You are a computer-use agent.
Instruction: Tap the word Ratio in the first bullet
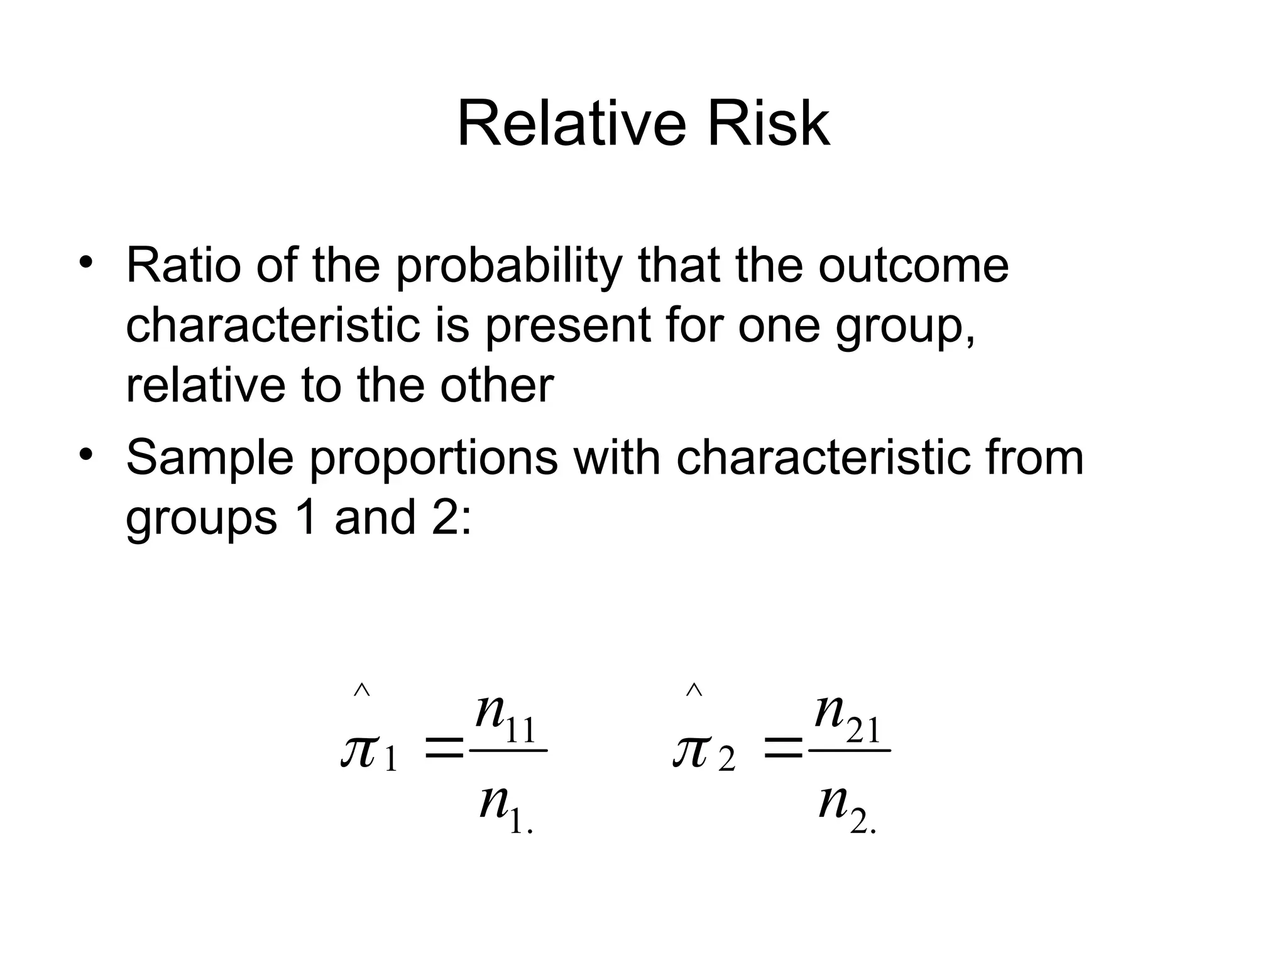tap(183, 266)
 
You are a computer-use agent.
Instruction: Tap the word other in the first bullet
tap(496, 385)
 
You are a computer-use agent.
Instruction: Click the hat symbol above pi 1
tap(361, 690)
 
